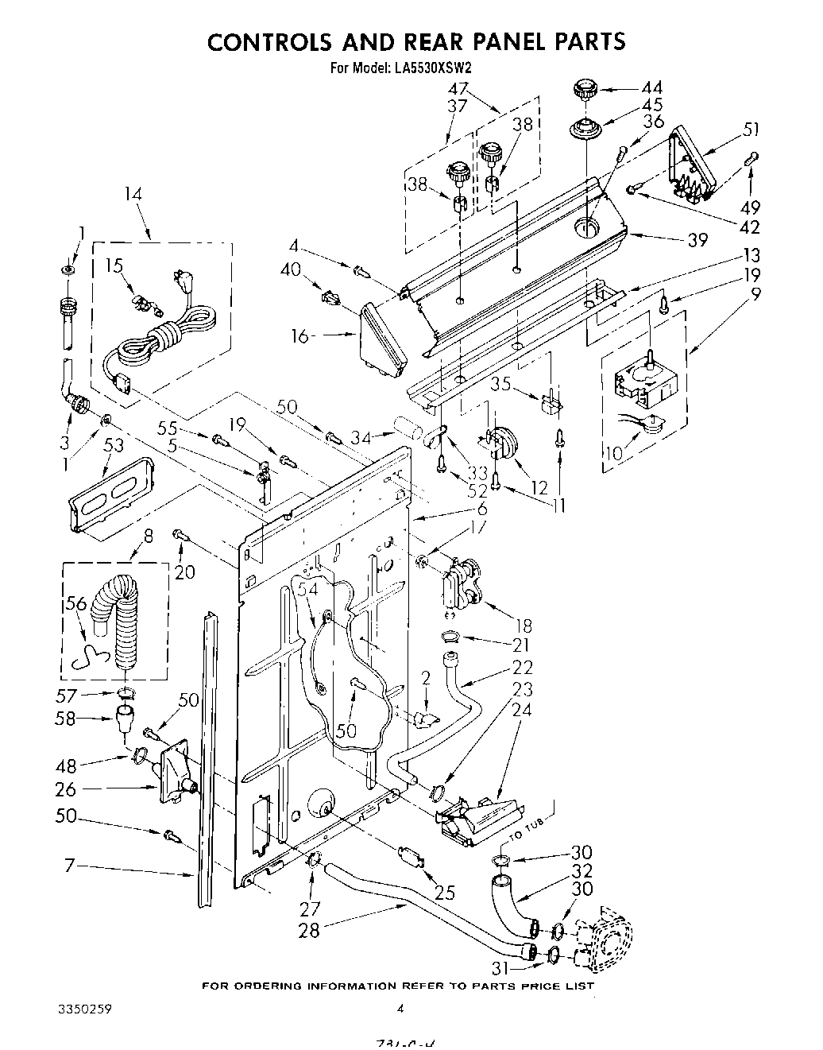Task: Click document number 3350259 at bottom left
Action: [84, 1010]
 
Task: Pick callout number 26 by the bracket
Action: [66, 789]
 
